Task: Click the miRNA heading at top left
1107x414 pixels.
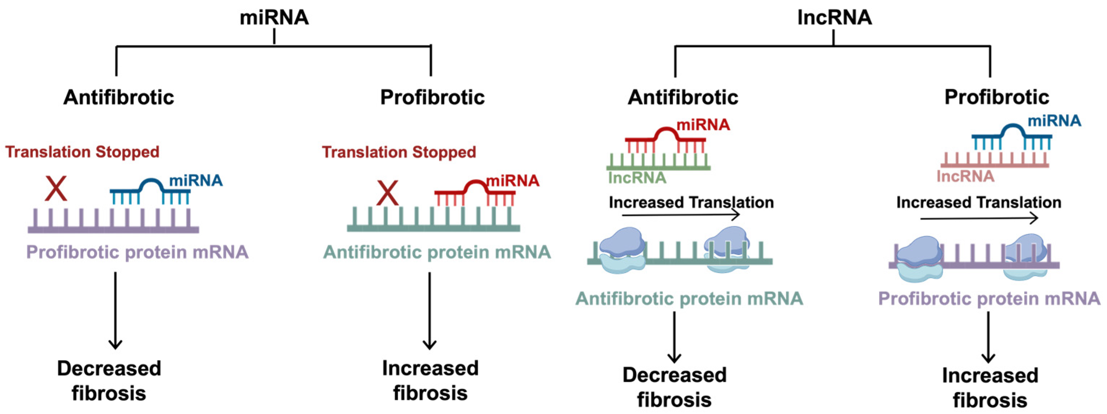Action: tap(274, 18)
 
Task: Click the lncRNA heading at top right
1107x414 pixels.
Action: tap(834, 18)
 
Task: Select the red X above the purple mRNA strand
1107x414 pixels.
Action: tap(56, 188)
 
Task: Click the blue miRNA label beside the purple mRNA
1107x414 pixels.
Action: tap(196, 181)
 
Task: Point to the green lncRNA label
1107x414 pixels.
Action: tap(637, 177)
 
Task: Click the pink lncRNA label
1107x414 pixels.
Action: tap(965, 176)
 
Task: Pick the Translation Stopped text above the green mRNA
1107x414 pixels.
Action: tap(399, 152)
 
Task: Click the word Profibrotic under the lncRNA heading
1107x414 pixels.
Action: tap(997, 97)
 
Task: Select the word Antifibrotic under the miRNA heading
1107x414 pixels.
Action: tap(119, 97)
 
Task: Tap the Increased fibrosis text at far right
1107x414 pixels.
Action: tap(990, 387)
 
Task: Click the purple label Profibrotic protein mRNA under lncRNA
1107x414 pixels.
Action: tap(989, 298)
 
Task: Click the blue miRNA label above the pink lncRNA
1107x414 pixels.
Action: tap(1054, 121)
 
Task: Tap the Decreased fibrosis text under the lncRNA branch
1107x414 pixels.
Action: tap(674, 387)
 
